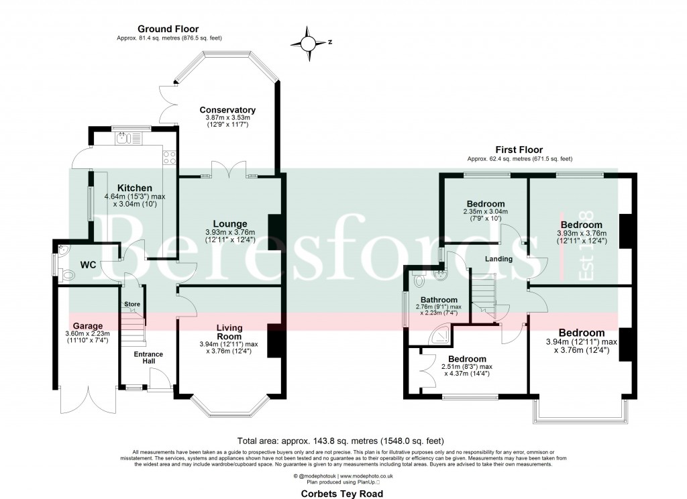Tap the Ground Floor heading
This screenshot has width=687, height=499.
click(x=162, y=29)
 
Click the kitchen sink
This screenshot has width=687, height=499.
click(x=123, y=139)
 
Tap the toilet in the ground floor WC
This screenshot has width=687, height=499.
click(x=66, y=275)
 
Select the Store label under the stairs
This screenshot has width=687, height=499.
click(x=132, y=305)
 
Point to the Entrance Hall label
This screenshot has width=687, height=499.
click(x=148, y=357)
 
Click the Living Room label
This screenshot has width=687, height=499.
click(x=229, y=332)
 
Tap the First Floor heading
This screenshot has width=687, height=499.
click(x=519, y=150)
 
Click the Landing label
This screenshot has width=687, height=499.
click(x=498, y=259)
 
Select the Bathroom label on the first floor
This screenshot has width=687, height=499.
click(x=439, y=300)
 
